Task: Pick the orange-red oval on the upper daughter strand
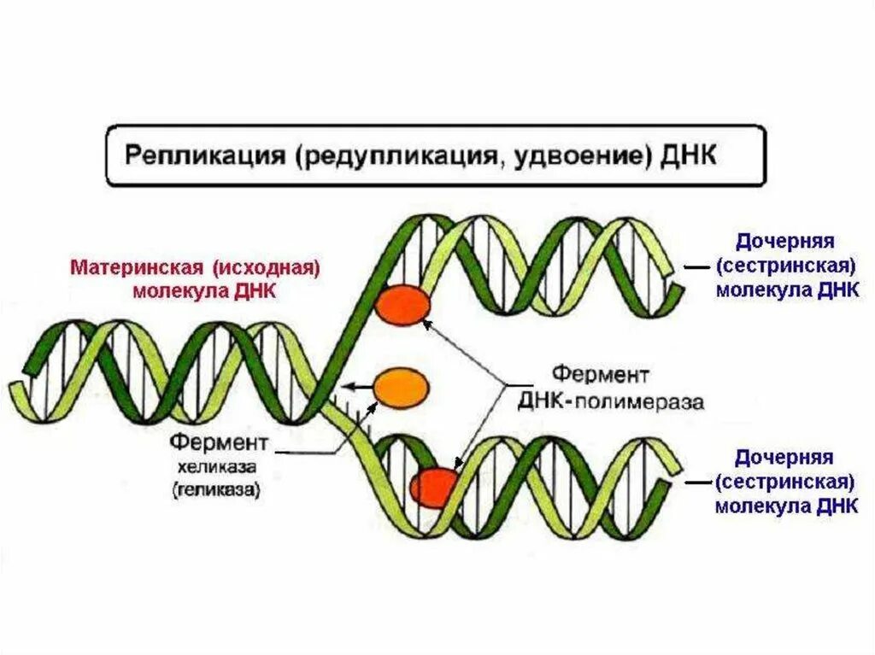(402, 305)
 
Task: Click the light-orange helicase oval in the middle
(400, 387)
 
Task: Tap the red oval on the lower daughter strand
(434, 487)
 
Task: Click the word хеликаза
(210, 468)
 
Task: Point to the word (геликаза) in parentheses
(216, 491)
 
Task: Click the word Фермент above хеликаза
(219, 443)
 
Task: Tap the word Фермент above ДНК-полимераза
(600, 375)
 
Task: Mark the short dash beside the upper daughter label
(696, 267)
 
